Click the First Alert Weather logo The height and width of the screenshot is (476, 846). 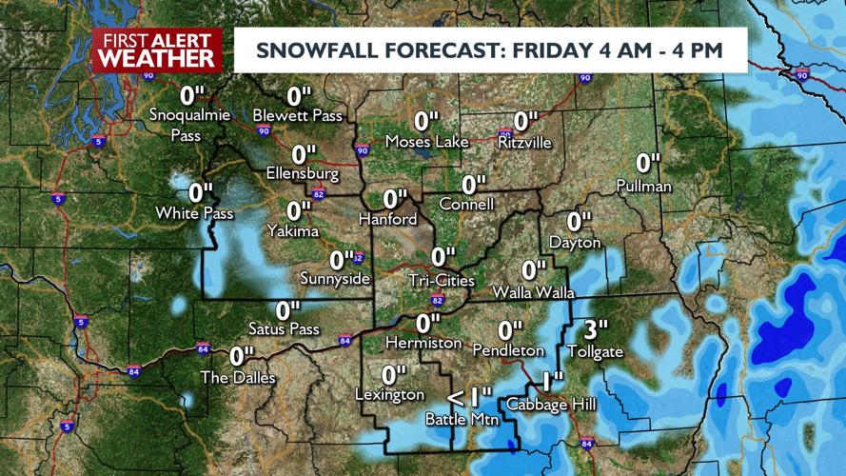(x=157, y=50)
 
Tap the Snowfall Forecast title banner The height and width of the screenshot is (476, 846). (x=490, y=50)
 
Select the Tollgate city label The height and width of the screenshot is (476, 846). (x=595, y=351)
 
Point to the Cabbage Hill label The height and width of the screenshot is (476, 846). (x=551, y=405)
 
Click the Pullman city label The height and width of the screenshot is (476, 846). (x=643, y=185)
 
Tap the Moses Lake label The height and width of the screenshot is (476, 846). (x=427, y=142)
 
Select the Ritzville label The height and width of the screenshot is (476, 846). (x=523, y=142)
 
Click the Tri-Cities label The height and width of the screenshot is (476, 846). (x=440, y=279)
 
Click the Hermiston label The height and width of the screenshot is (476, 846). (x=423, y=341)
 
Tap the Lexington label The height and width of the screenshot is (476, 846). (x=389, y=394)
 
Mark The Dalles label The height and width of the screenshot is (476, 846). (x=238, y=377)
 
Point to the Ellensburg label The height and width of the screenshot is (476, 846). (x=303, y=174)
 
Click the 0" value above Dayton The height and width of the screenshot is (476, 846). (x=575, y=222)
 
